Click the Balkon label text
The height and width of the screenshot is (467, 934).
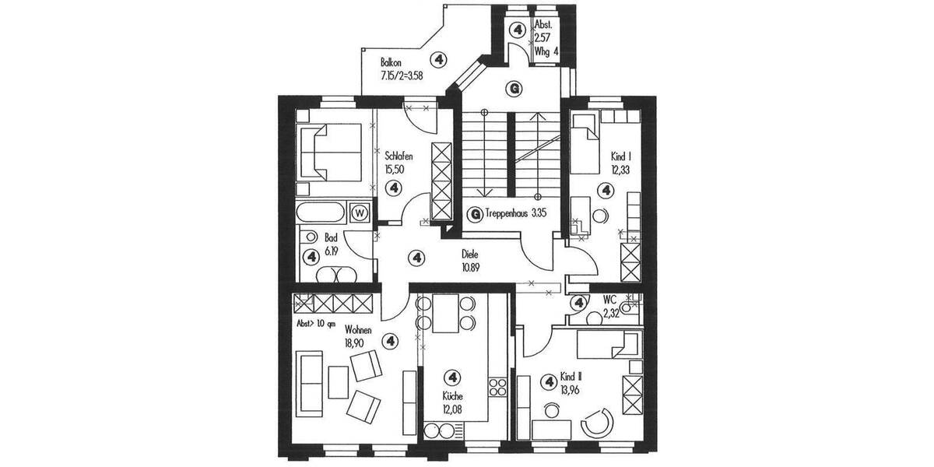(392, 62)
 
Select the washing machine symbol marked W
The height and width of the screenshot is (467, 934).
(360, 212)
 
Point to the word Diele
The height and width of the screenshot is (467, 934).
(469, 254)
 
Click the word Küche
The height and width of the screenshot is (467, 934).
(452, 395)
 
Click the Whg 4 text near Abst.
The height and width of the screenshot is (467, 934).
(546, 51)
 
